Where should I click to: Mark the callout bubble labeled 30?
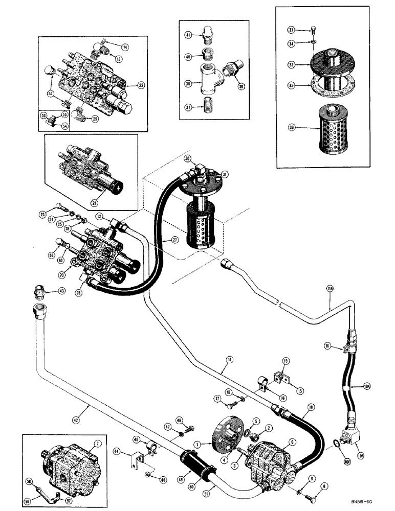187,158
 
